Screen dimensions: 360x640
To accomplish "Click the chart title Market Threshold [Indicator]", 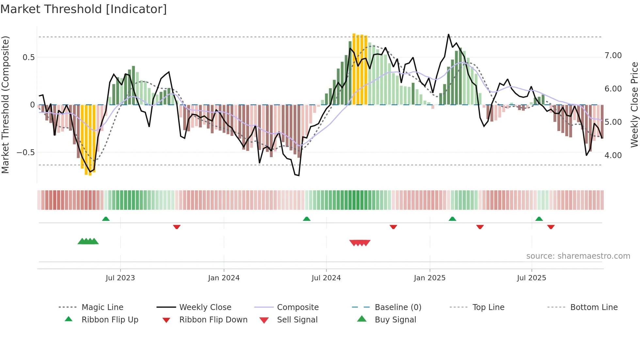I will [x=84, y=9].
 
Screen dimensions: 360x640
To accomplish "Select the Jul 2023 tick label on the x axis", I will [x=120, y=278].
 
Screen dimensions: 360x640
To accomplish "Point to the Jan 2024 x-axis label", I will [x=224, y=278].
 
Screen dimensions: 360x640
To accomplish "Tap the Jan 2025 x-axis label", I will [x=429, y=278].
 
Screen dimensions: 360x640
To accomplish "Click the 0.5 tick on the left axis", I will [x=28, y=57].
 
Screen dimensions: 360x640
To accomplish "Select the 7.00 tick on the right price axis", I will [x=613, y=56].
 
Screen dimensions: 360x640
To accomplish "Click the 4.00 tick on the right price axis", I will [x=613, y=155].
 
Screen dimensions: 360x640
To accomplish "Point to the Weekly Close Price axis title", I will [x=634, y=105].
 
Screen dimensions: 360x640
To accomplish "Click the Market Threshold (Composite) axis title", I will [x=5, y=105].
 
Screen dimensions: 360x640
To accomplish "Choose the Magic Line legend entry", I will [x=102, y=307].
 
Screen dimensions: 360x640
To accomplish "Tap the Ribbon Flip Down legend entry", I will [x=213, y=320].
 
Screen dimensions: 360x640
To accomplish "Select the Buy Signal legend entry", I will [x=395, y=320].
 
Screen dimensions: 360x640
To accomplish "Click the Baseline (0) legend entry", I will [x=398, y=307].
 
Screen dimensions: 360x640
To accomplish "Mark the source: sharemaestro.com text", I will [x=578, y=256].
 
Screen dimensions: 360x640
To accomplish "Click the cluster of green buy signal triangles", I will [x=88, y=241].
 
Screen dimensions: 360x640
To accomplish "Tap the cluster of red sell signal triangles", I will [x=360, y=243].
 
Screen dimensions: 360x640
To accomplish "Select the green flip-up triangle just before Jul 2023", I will [x=106, y=219].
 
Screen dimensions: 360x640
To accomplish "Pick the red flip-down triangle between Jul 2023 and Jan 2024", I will [x=177, y=227].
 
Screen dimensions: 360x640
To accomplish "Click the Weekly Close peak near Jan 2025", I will [x=448, y=34].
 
